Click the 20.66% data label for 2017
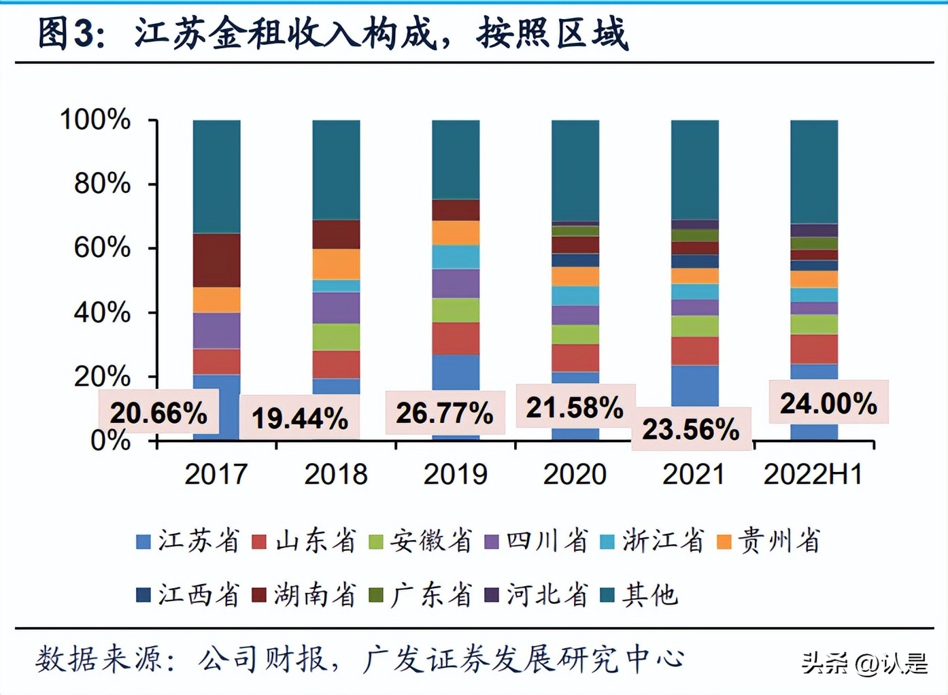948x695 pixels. (158, 412)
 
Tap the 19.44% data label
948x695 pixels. (300, 418)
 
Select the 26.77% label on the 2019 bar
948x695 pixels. (445, 412)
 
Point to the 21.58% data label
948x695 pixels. (575, 407)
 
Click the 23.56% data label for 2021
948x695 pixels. (691, 428)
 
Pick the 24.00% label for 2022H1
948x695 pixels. (828, 403)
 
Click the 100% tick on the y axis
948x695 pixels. (95, 120)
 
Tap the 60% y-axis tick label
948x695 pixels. (102, 248)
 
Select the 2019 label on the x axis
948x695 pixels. (455, 474)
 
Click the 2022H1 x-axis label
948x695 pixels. (813, 474)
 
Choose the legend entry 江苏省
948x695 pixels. (189, 541)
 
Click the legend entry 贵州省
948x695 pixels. (770, 541)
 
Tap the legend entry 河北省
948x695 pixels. (537, 595)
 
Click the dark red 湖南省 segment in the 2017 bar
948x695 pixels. (216, 260)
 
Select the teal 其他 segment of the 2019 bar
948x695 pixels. (456, 160)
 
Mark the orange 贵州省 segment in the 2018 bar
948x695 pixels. (336, 264)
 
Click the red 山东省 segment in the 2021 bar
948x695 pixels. (694, 351)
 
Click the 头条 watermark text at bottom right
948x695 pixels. (824, 662)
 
